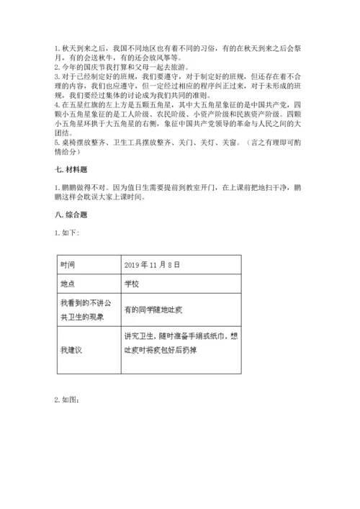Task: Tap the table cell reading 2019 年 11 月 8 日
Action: click(158, 264)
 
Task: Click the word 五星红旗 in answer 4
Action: click(84, 102)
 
